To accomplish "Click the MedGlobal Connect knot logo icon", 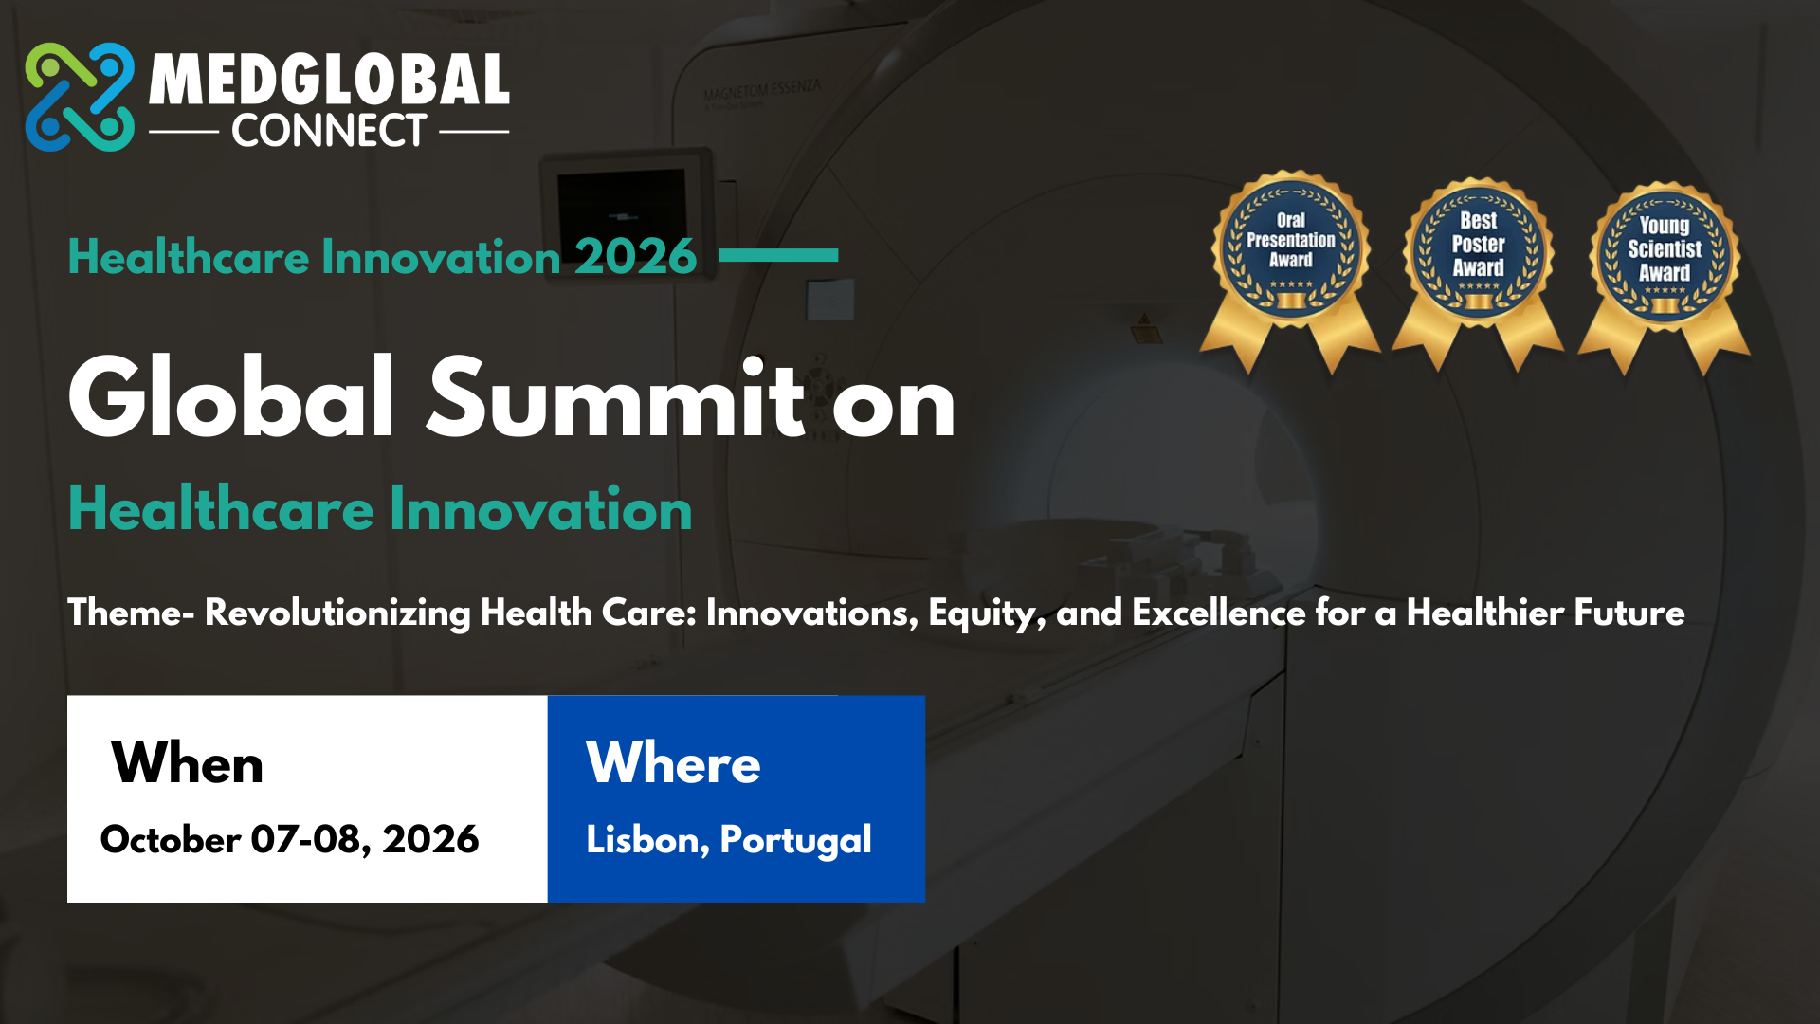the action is (x=80, y=97).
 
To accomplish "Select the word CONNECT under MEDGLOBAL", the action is (x=329, y=131).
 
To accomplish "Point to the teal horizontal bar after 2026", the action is (x=778, y=255).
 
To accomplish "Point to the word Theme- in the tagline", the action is (x=131, y=613).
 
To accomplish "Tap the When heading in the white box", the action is (x=187, y=762).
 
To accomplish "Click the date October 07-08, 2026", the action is (x=289, y=840).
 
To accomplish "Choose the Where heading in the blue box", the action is (x=673, y=762).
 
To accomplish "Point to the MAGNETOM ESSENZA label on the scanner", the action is (x=762, y=90).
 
